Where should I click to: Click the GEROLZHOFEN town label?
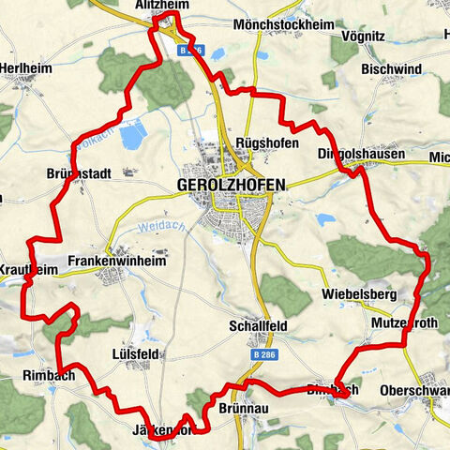coord(232,186)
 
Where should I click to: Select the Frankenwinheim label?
coord(116,263)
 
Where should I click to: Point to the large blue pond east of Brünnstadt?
coord(132,136)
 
